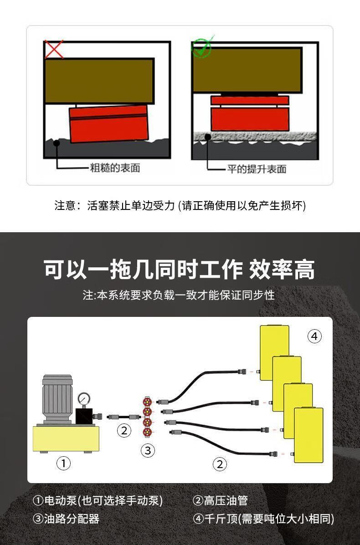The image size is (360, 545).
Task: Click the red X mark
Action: click(54, 49)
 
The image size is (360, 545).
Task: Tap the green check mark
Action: click(201, 48)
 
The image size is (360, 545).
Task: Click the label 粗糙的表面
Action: click(115, 168)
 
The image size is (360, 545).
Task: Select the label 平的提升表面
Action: click(257, 169)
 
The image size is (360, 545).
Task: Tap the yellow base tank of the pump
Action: click(66, 438)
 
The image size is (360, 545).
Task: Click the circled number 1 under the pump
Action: click(63, 464)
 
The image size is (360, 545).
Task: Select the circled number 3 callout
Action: click(147, 451)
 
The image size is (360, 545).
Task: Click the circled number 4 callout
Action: click(314, 336)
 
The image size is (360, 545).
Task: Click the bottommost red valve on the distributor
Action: click(147, 432)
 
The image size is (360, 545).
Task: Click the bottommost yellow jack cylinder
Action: click(309, 435)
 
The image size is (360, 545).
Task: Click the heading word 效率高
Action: click(282, 270)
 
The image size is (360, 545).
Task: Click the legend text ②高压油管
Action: click(220, 501)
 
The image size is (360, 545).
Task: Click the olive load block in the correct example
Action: click(247, 70)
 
